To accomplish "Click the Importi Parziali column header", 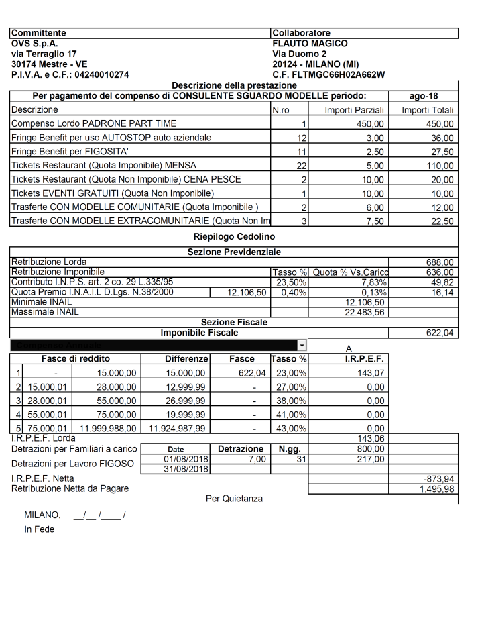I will [x=354, y=110].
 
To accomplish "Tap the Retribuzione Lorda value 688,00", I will [x=440, y=262].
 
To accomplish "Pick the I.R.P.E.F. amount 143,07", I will [x=371, y=372].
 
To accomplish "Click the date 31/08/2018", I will [x=184, y=468].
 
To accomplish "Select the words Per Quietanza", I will [x=234, y=499].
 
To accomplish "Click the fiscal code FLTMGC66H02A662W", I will [x=333, y=74].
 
